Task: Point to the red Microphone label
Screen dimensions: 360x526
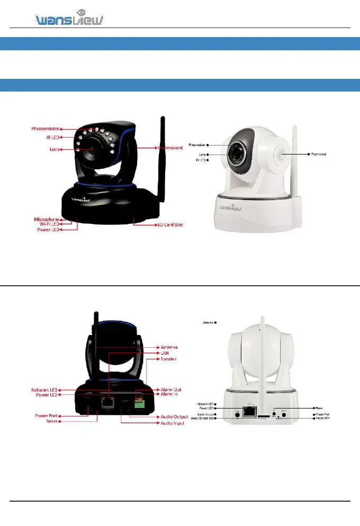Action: click(47, 219)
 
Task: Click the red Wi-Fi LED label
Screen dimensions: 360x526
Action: click(48, 224)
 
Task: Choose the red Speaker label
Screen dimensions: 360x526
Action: click(169, 359)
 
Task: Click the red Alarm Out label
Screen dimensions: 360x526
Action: click(170, 389)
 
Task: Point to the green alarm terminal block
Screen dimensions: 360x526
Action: click(140, 402)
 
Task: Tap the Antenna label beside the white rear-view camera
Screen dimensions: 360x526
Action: click(208, 322)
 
